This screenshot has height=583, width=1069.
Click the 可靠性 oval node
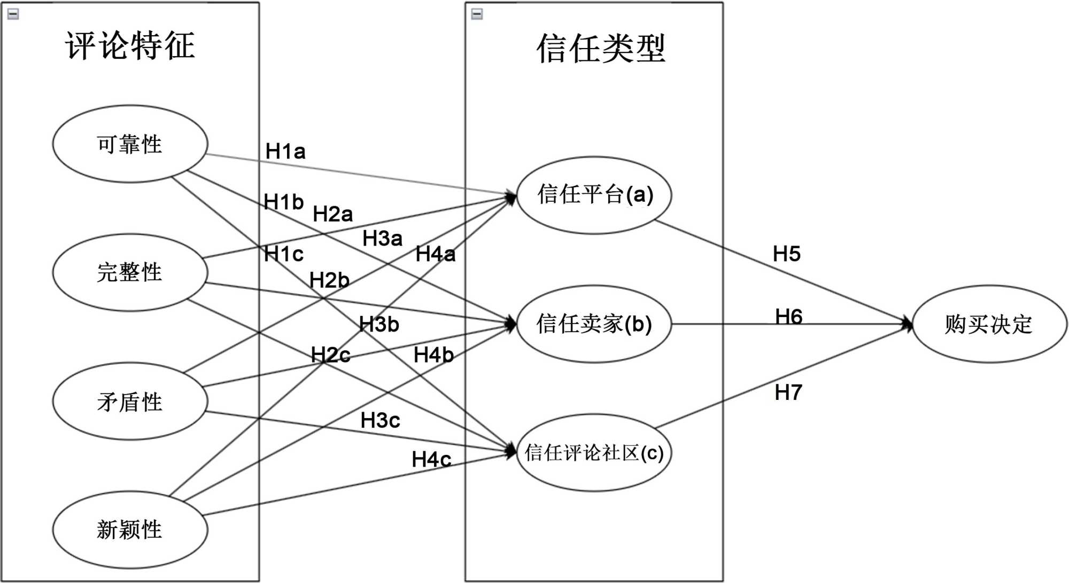point(130,144)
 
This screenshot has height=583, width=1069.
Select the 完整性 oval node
point(130,272)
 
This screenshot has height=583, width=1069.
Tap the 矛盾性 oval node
point(130,401)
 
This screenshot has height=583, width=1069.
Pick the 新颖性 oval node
point(130,530)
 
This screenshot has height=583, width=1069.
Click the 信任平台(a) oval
point(594,195)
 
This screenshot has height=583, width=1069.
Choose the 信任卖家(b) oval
point(594,324)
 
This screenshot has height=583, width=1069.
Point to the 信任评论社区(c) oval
point(594,453)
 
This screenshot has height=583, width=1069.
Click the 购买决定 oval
point(989,324)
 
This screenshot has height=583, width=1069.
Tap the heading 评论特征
point(130,46)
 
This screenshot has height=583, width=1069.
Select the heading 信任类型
point(601,49)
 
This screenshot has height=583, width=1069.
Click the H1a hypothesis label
point(285,152)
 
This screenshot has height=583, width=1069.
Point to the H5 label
point(787,254)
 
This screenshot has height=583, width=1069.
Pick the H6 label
point(789,317)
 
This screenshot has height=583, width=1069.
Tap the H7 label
point(788,393)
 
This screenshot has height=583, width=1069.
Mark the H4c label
point(431,459)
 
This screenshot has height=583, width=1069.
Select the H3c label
point(380,421)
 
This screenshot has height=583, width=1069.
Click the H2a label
point(332,214)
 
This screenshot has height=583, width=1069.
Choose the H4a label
point(436,254)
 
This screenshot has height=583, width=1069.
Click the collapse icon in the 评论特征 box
point(13,14)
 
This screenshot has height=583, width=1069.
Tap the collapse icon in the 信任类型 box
point(477,14)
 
